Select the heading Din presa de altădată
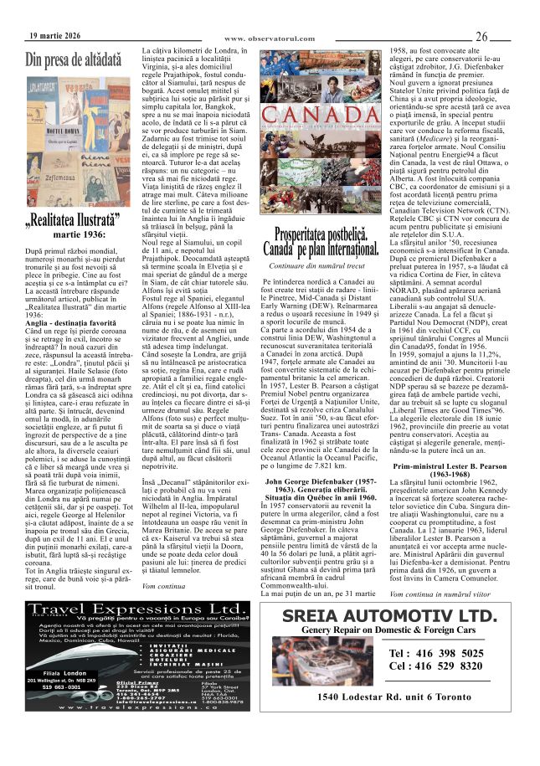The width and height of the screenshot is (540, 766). click(x=74, y=60)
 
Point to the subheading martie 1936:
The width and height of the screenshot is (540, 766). click(x=79, y=234)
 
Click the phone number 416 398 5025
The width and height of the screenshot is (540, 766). click(x=436, y=653)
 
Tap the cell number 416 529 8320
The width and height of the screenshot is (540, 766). click(x=436, y=666)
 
